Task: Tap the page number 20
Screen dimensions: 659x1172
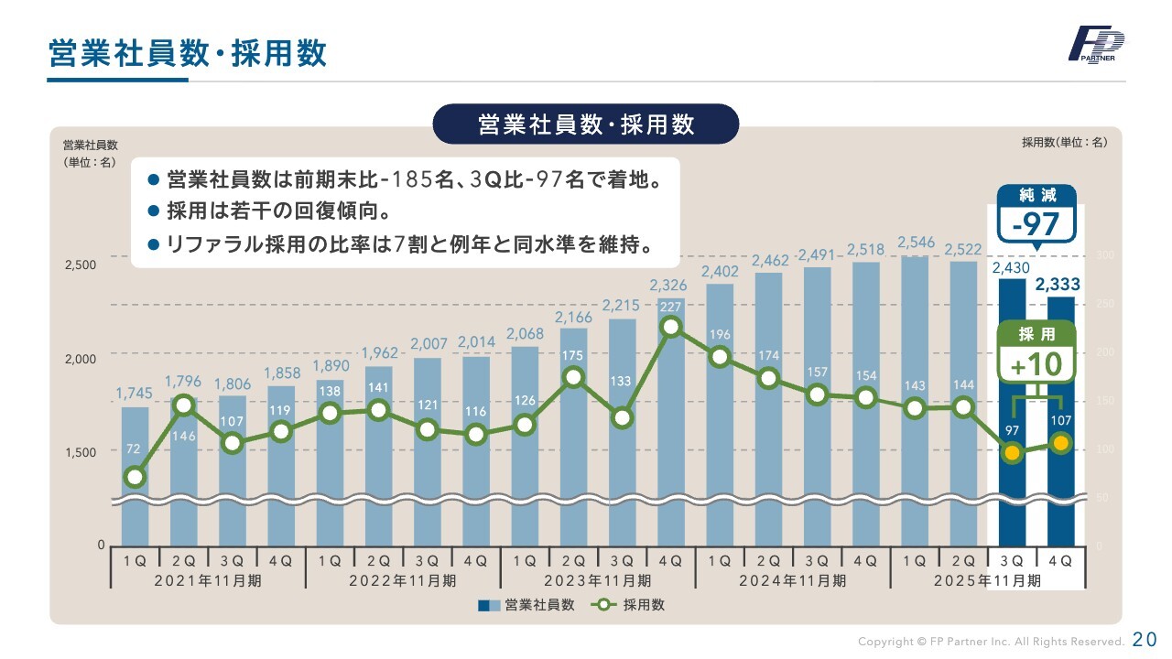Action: [1145, 640]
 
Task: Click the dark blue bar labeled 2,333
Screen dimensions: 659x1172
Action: [1061, 421]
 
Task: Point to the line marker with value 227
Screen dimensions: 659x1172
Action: [671, 327]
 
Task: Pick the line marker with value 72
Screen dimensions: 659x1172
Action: [135, 477]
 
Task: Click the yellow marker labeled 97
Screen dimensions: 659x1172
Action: [1012, 452]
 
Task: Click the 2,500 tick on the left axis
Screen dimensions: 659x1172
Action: [80, 265]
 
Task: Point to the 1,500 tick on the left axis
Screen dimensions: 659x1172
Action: [80, 452]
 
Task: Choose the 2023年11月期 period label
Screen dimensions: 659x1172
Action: [597, 580]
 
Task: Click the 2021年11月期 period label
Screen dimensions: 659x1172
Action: [207, 580]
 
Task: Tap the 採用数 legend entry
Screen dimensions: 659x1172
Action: [629, 605]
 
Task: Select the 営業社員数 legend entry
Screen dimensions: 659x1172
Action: [526, 605]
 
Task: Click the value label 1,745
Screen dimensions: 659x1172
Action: [134, 394]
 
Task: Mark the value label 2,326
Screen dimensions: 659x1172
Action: [669, 286]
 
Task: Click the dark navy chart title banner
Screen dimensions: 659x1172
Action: [586, 124]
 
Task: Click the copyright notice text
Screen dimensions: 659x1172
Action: [990, 642]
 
